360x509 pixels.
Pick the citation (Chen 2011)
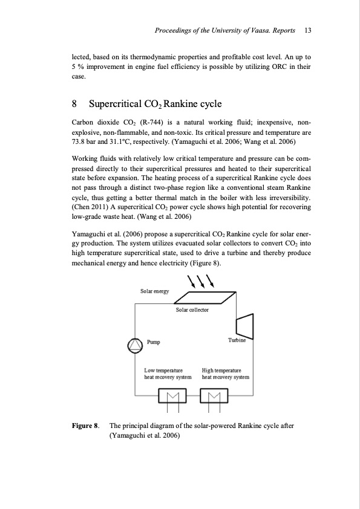pyautogui.click(x=91, y=198)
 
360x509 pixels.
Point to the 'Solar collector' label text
pyautogui.click(x=192, y=310)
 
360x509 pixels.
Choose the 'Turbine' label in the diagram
pyautogui.click(x=237, y=341)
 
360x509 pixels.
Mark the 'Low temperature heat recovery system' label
pyautogui.click(x=168, y=372)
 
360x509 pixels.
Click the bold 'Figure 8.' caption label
pyautogui.click(x=85, y=425)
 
